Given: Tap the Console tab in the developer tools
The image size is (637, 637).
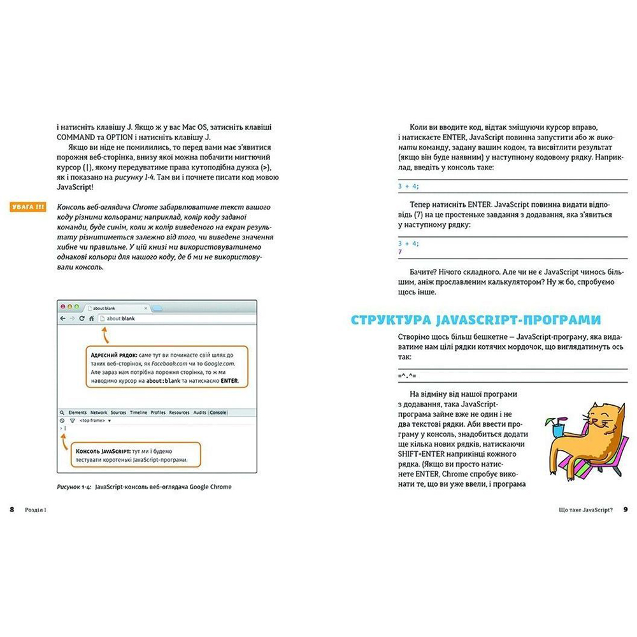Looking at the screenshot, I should (218, 413).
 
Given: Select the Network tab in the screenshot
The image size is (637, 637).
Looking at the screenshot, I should (99, 413).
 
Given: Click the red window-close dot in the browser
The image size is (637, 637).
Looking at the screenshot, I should (62, 307).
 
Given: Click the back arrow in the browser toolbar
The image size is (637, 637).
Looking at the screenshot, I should (62, 318).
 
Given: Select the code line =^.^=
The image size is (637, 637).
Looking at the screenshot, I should (406, 377).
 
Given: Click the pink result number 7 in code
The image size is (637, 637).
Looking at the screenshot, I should (399, 252).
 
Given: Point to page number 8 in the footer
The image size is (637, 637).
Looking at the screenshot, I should (11, 510).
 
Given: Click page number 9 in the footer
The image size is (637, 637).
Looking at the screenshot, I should (626, 510).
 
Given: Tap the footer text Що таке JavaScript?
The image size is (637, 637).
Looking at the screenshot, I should (580, 510).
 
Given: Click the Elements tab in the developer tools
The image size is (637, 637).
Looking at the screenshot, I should (77, 413).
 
